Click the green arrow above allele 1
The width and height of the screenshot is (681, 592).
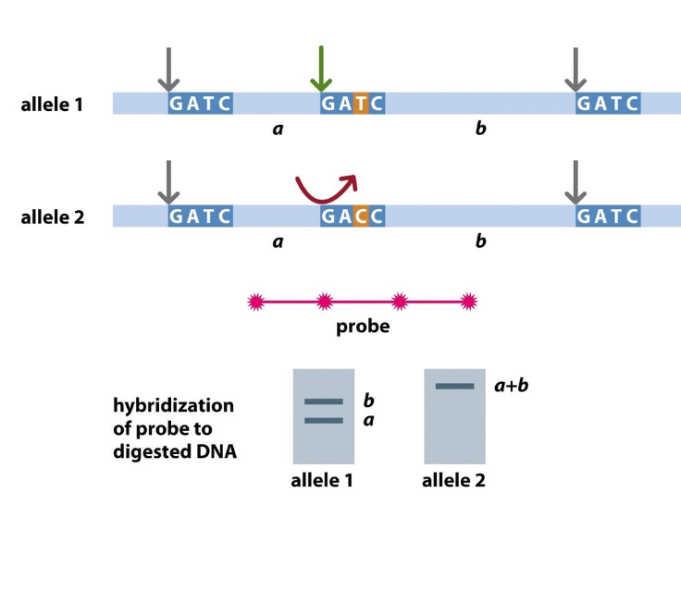(320, 68)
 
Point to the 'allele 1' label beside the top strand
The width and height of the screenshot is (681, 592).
(52, 104)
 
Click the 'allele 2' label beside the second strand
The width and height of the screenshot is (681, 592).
(52, 218)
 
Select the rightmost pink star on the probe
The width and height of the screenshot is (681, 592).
(469, 301)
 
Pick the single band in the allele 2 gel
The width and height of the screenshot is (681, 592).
(454, 386)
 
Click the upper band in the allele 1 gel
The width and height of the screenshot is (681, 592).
(323, 401)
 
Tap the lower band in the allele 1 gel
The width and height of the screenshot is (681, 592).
(323, 421)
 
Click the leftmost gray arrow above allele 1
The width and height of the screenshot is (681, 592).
(168, 68)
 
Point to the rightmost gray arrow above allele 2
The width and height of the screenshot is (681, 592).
(576, 182)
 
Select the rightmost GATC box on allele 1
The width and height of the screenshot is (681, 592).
(608, 103)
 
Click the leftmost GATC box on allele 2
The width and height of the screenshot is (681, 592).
(200, 216)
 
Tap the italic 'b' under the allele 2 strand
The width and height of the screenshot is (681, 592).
(480, 242)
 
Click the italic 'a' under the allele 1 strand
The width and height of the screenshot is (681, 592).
(278, 129)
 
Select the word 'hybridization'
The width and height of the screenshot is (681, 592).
(173, 406)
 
